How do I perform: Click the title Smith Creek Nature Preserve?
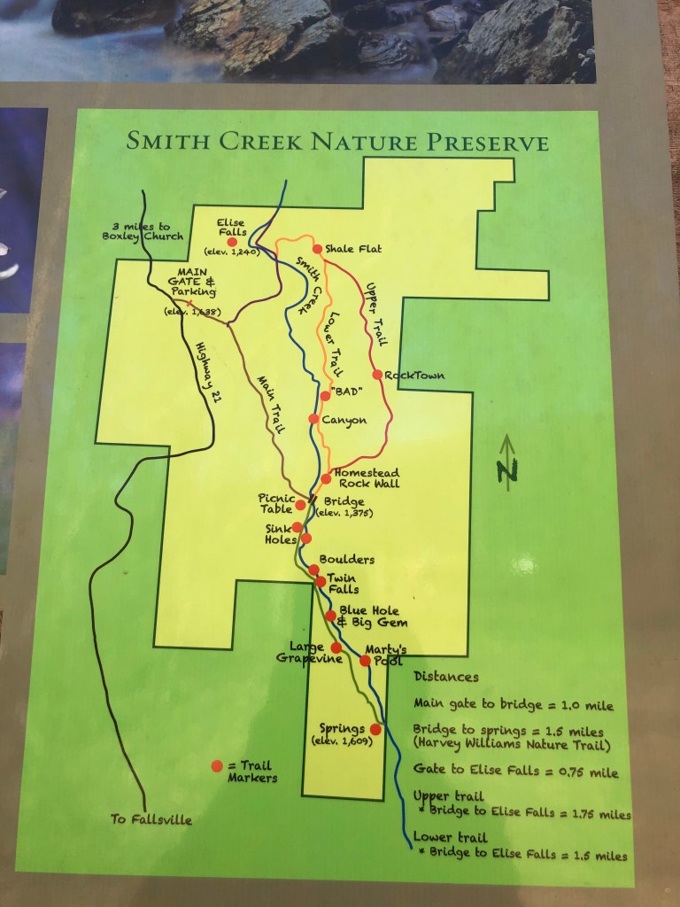[337, 142]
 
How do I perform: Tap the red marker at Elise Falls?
[232, 241]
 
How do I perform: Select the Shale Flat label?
[352, 249]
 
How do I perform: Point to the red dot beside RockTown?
[377, 375]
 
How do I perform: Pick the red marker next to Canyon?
[313, 419]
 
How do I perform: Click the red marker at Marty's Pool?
[364, 660]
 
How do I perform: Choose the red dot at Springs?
[375, 729]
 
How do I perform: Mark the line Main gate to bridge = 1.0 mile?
[513, 706]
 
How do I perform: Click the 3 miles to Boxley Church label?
[143, 230]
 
